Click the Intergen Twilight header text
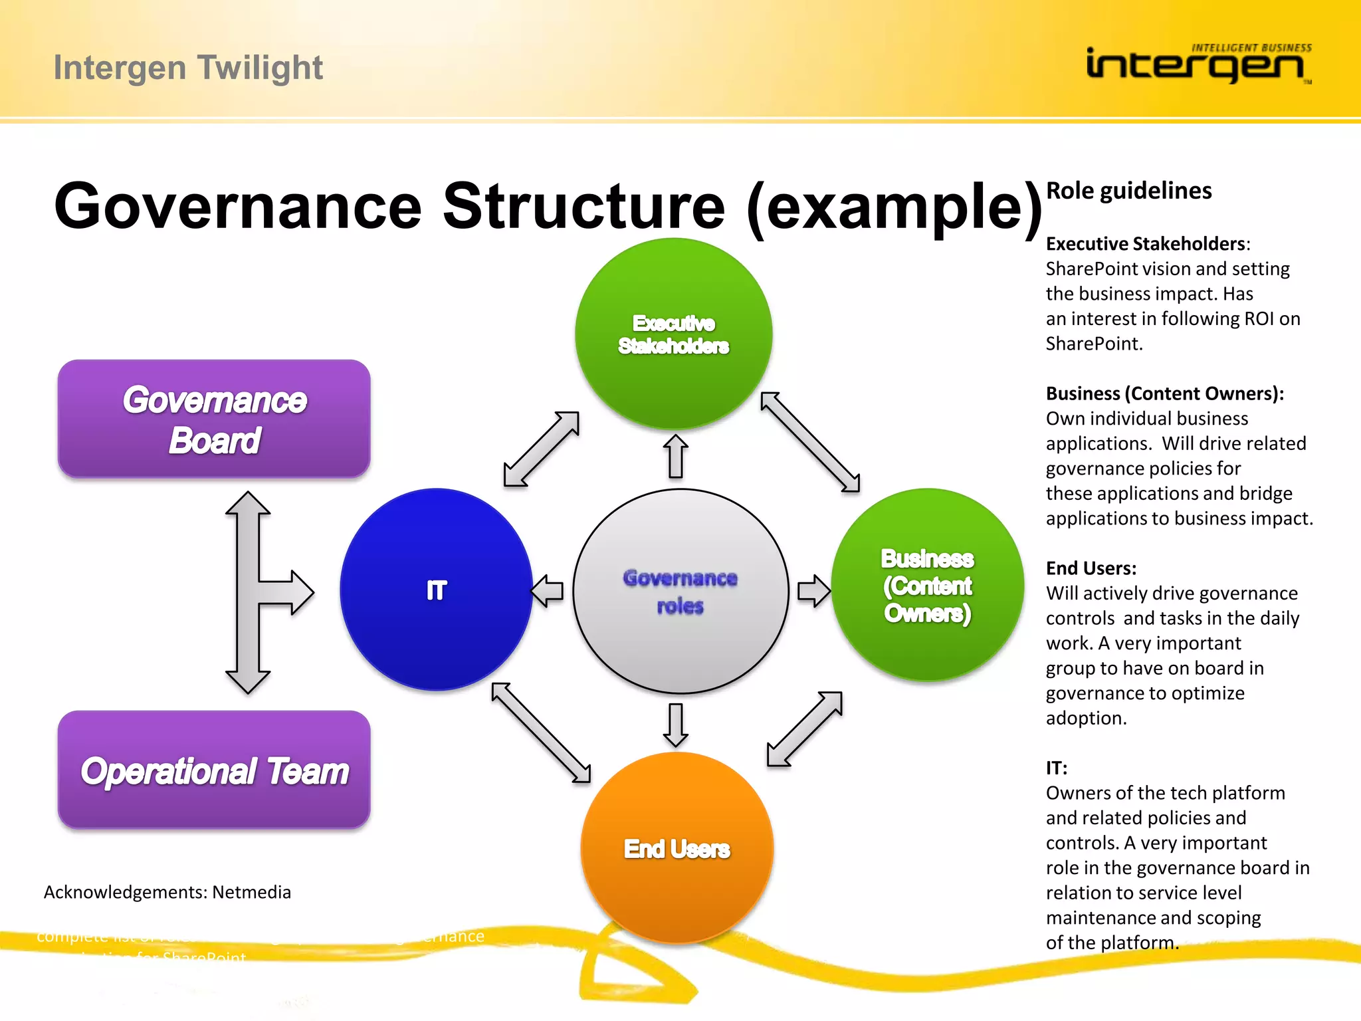(x=188, y=68)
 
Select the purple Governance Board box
(x=214, y=419)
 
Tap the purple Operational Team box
(x=214, y=770)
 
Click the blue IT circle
(x=436, y=590)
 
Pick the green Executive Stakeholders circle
(x=673, y=334)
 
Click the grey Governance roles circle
(x=680, y=592)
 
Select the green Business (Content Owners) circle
(x=928, y=585)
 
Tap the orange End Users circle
(x=677, y=848)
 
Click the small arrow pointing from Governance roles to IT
(x=548, y=590)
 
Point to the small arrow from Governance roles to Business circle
(x=813, y=590)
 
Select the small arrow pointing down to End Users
(x=676, y=725)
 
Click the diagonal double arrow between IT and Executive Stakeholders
(x=542, y=449)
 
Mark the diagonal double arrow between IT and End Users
(x=541, y=733)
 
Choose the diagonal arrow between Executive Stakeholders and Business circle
(x=810, y=442)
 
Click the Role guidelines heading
(x=1128, y=191)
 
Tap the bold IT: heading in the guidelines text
(x=1057, y=768)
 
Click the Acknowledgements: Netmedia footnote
(x=167, y=892)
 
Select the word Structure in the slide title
(x=583, y=206)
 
